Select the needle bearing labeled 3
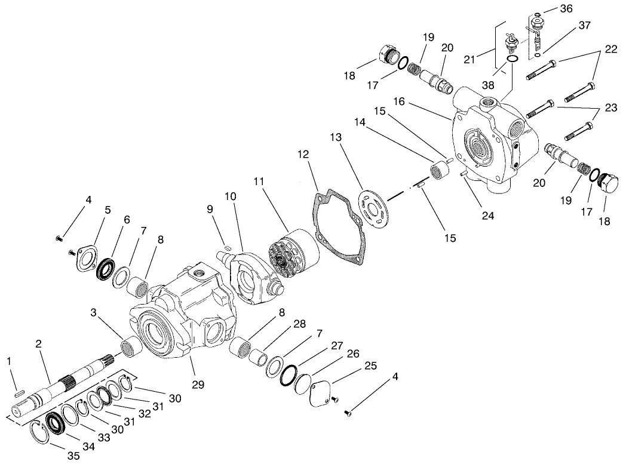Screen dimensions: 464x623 pyautogui.click(x=130, y=346)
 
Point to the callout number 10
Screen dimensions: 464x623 pyautogui.click(x=231, y=196)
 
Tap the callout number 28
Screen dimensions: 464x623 pyautogui.click(x=299, y=324)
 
